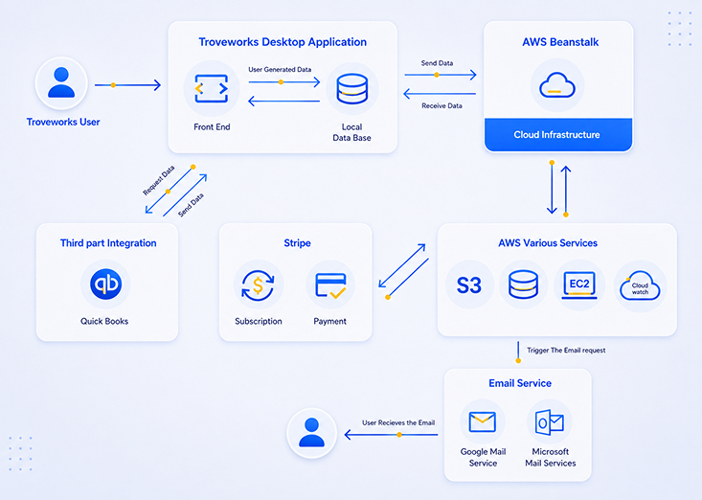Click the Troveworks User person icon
coord(61,82)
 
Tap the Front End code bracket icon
coord(212,88)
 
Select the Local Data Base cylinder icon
coord(351,89)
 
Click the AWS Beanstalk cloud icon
coord(557,85)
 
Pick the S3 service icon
coord(468,284)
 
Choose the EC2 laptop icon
coord(578,284)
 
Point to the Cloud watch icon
coord(640,285)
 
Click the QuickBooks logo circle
coord(105,284)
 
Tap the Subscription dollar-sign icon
coord(258,285)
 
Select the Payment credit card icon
coord(330,285)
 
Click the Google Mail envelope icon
coord(482,421)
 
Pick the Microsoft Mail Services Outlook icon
coord(550,422)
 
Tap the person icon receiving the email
coord(311,432)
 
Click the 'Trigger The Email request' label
coord(566,350)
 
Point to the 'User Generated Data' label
coord(280,69)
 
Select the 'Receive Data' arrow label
coord(442,105)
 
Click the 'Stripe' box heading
coord(297,243)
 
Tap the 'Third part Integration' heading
coord(108,243)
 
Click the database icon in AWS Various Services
coord(523,284)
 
